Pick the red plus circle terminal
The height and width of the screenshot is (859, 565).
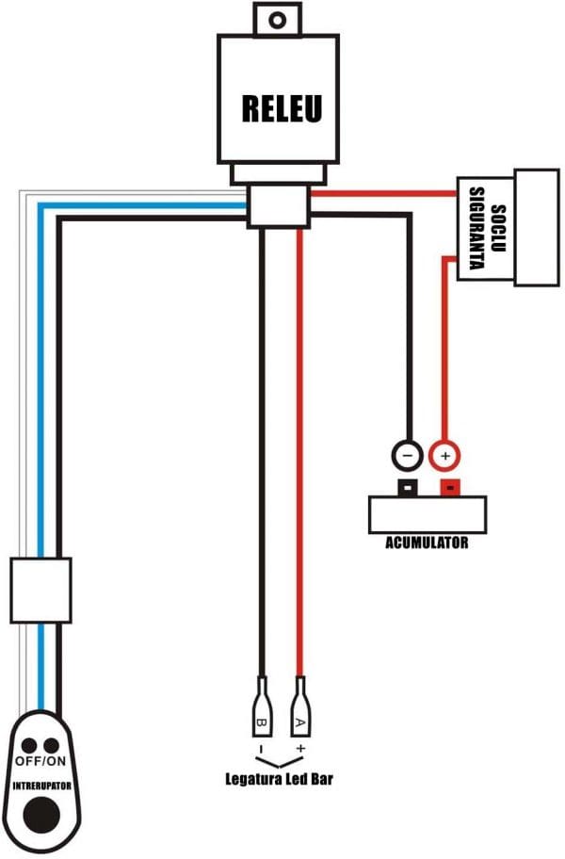[445, 456]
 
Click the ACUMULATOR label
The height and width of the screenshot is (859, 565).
[427, 543]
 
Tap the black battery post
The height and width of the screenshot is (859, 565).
[407, 488]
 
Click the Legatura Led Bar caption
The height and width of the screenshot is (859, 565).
[280, 779]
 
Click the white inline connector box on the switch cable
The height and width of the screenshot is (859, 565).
[40, 590]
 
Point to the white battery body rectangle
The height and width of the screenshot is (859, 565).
[429, 515]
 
